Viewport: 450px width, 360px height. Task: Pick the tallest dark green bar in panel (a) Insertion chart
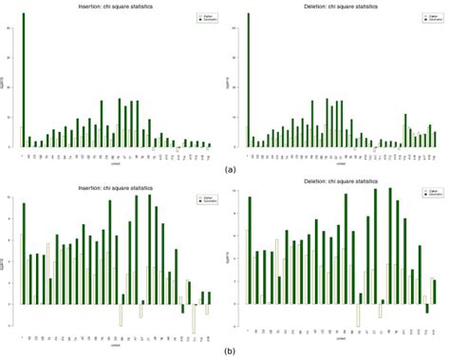(24, 81)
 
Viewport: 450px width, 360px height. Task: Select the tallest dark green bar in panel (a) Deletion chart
(249, 81)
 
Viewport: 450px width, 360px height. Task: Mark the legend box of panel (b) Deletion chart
(416, 190)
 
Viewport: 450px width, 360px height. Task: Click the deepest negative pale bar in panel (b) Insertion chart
(193, 319)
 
